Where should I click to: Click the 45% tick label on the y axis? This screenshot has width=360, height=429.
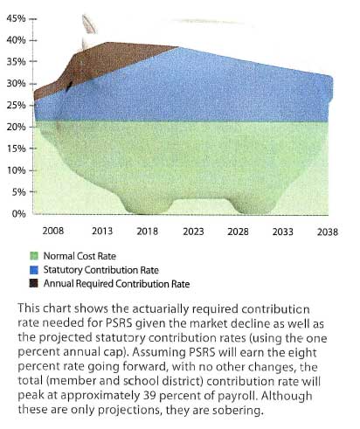click(16, 18)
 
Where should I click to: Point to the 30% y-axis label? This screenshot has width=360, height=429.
click(16, 84)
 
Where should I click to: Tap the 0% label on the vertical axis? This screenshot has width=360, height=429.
click(19, 214)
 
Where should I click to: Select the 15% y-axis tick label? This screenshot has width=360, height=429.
click(16, 149)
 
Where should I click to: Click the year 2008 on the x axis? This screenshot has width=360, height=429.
click(53, 231)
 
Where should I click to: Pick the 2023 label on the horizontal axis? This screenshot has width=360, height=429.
click(193, 232)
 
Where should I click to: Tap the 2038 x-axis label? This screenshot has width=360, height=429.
click(328, 232)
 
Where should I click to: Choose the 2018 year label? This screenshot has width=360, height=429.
click(148, 232)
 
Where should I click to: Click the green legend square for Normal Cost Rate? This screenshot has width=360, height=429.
click(34, 256)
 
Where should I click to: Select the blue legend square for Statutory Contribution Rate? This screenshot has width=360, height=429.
click(34, 270)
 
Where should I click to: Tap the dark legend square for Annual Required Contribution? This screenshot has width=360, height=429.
click(34, 283)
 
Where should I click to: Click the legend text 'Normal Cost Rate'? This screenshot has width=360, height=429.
click(80, 256)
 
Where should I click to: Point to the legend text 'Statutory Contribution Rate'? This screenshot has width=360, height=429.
click(100, 270)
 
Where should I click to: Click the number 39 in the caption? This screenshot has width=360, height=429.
click(150, 396)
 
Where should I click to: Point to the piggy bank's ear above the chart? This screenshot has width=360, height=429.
click(89, 24)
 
